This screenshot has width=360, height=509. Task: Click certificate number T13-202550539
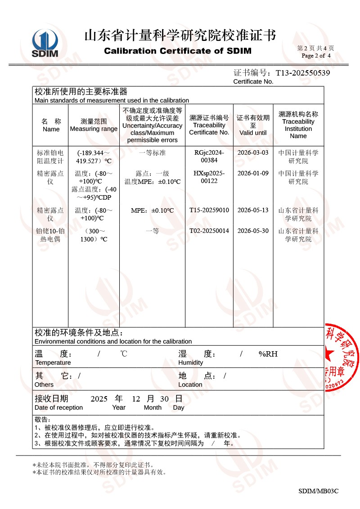click(303, 72)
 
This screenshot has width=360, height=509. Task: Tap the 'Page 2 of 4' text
click(316, 56)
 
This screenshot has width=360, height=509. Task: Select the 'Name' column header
click(51, 125)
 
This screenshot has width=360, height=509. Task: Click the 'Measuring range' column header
click(94, 125)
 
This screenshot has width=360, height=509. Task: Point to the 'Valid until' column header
click(253, 125)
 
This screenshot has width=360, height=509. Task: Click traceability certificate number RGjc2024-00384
click(209, 156)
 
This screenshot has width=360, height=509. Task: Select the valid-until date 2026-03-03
click(253, 153)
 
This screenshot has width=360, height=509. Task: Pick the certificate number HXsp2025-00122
click(209, 177)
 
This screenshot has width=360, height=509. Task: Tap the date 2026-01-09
click(253, 173)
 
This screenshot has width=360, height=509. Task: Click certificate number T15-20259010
click(209, 210)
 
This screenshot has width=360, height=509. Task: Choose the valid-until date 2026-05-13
click(253, 210)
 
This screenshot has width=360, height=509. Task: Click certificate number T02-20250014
click(209, 231)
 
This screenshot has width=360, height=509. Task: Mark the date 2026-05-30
click(253, 231)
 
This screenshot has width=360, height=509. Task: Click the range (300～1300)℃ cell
click(94, 235)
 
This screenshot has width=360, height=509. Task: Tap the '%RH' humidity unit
click(268, 354)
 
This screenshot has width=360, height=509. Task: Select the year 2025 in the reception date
click(99, 398)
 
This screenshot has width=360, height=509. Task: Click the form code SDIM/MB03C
click(318, 491)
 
